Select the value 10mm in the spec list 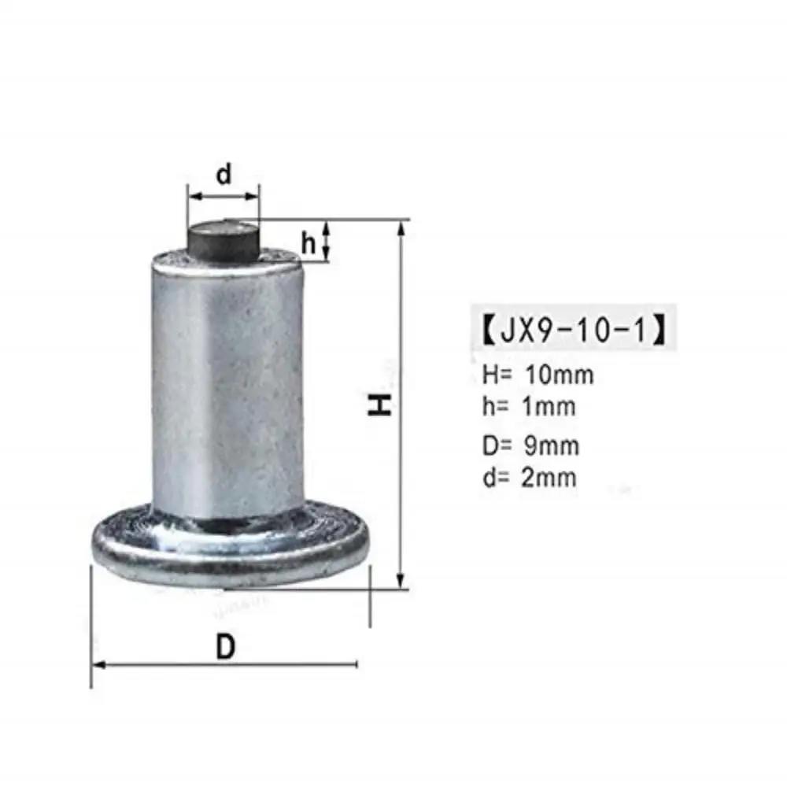click(x=559, y=375)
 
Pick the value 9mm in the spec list click(x=552, y=445)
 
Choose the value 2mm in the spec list click(x=550, y=477)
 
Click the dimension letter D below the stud click(x=226, y=647)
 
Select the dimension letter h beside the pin click(x=309, y=244)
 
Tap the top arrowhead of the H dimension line click(x=402, y=227)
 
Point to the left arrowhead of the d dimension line click(x=191, y=194)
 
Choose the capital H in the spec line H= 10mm click(x=490, y=375)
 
